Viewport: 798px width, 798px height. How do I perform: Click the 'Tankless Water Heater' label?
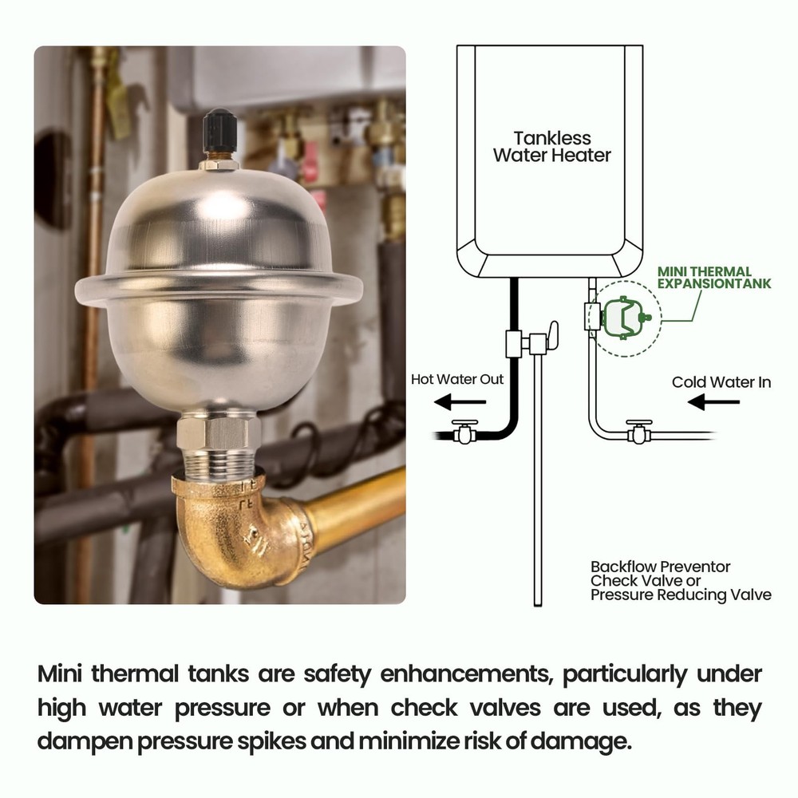(x=551, y=146)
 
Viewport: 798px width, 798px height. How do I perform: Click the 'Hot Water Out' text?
(x=457, y=379)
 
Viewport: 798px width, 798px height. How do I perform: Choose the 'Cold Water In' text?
(x=721, y=382)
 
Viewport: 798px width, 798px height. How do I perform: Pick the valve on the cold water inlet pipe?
(x=638, y=432)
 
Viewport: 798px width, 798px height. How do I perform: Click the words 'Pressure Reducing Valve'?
(x=681, y=595)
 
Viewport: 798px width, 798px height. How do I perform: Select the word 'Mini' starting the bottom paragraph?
(x=60, y=674)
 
